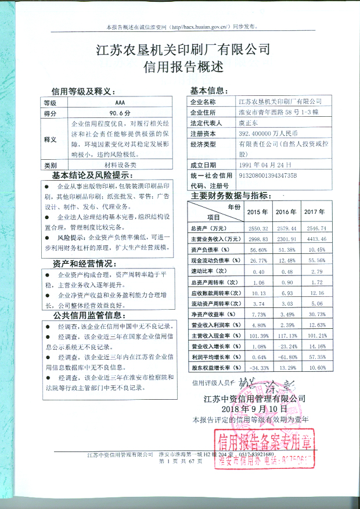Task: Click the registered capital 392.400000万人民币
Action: pos(269,134)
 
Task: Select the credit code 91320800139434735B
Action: pos(268,175)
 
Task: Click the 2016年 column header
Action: pos(286,212)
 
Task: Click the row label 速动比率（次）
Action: pos(210,271)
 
